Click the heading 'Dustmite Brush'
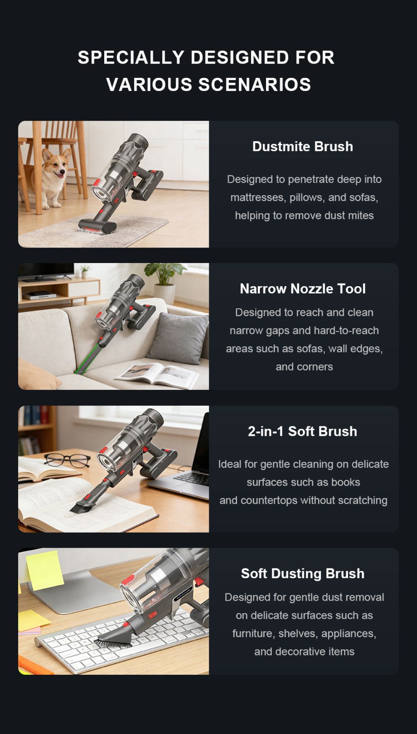click(x=303, y=146)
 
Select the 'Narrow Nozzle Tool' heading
click(x=303, y=289)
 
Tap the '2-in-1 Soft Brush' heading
click(x=303, y=431)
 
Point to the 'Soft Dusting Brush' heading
click(x=303, y=574)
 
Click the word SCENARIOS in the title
click(x=255, y=85)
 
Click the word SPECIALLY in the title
click(x=131, y=57)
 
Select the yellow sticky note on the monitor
click(x=44, y=569)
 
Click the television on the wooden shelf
click(x=46, y=272)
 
